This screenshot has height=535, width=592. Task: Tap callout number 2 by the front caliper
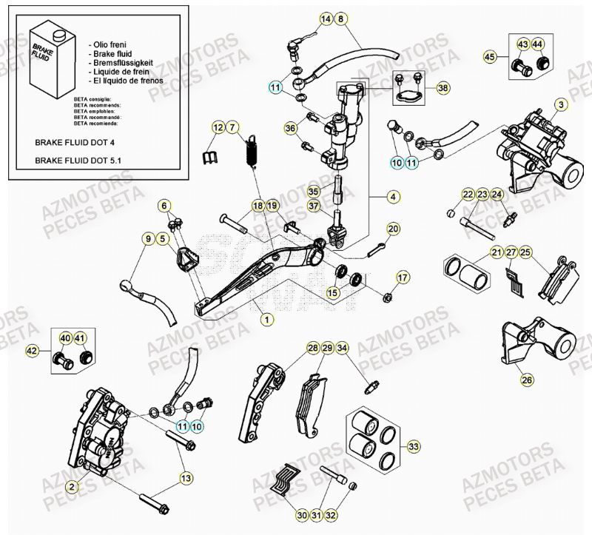pyautogui.click(x=72, y=486)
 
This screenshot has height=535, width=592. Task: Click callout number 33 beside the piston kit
pyautogui.click(x=413, y=445)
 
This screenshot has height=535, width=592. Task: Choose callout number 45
pyautogui.click(x=489, y=56)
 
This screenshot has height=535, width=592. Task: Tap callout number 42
pyautogui.click(x=32, y=351)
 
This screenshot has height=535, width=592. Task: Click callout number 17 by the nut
pyautogui.click(x=402, y=277)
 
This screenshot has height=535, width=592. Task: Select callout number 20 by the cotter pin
pyautogui.click(x=393, y=229)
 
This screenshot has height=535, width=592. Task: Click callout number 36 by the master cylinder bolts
pyautogui.click(x=289, y=129)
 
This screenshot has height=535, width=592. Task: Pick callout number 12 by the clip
pyautogui.click(x=218, y=128)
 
